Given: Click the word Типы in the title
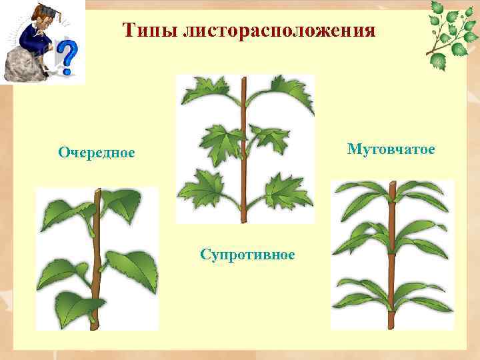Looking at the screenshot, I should click(145, 30).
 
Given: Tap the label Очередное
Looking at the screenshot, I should click(96, 153).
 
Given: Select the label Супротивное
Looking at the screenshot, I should click(248, 254).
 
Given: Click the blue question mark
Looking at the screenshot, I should click(67, 57).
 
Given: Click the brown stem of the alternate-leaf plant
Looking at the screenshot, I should click(97, 267).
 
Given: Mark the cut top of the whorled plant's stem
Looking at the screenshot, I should click(393, 183).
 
